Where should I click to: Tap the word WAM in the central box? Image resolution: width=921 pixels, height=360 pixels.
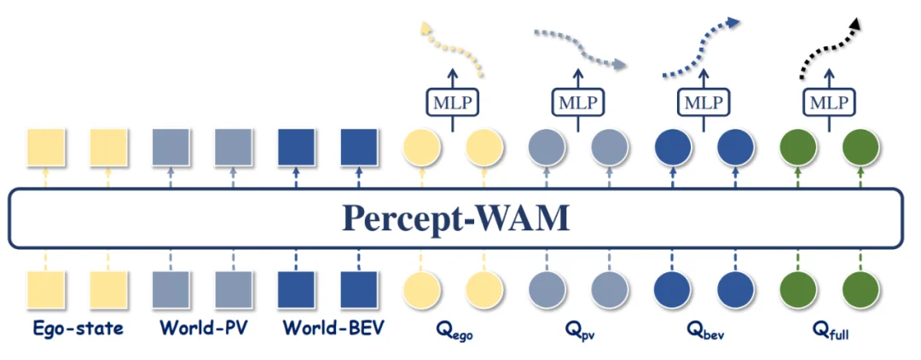[x=524, y=218]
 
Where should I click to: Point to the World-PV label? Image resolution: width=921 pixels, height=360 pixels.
[x=201, y=327]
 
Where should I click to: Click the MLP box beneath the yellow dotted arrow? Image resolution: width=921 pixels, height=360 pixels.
[x=452, y=103]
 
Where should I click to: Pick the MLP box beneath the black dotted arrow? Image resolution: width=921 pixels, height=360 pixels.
[x=830, y=103]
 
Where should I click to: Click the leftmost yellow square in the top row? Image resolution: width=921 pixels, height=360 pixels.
[x=44, y=148]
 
